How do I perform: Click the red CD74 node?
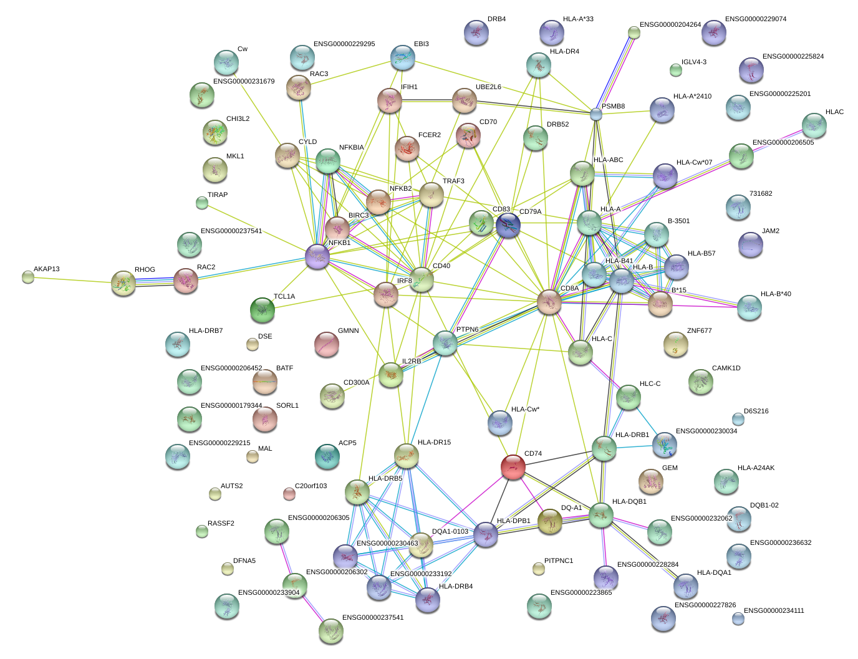click(513, 467)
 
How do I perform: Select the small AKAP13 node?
click(27, 277)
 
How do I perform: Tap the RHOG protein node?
click(123, 282)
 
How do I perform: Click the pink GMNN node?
click(327, 344)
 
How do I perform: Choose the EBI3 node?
click(403, 57)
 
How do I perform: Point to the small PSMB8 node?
click(596, 114)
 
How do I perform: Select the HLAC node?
click(814, 125)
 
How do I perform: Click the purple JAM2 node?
click(750, 244)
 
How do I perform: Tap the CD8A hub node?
click(549, 302)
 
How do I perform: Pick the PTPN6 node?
click(445, 343)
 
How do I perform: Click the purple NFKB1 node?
click(317, 256)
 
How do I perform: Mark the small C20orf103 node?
click(289, 494)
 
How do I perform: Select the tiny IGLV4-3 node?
click(676, 70)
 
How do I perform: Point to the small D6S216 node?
click(738, 418)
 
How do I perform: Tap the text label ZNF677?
click(699, 331)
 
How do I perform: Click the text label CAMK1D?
click(726, 368)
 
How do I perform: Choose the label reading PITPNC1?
click(558, 561)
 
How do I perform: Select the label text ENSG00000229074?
click(755, 19)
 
